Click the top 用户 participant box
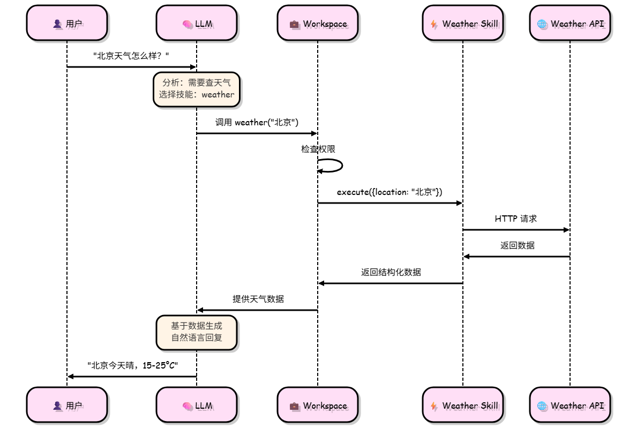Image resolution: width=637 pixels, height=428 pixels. point(67,24)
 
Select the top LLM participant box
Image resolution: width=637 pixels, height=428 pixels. point(197,24)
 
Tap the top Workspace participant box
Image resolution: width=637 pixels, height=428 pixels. point(317,24)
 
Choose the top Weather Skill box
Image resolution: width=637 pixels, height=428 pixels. point(463,24)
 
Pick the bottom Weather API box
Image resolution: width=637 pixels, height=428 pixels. point(570,406)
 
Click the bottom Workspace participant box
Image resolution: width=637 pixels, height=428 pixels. point(317,406)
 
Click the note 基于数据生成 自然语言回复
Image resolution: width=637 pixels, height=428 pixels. point(197,332)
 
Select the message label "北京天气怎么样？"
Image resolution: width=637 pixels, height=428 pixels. point(131,56)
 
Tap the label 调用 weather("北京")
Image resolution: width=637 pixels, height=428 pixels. point(257,122)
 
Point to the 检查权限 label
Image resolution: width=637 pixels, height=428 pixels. point(318,149)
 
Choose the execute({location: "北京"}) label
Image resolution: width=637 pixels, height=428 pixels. point(389,192)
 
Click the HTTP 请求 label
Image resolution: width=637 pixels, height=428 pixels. point(516,219)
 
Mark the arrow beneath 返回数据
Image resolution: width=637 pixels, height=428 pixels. point(516,257)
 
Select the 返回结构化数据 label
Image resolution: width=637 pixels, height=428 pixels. point(391,272)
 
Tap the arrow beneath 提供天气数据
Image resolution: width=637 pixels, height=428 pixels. point(257,310)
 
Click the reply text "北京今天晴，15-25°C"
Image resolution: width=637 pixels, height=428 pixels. point(132,365)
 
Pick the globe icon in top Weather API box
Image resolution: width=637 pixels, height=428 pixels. point(542,24)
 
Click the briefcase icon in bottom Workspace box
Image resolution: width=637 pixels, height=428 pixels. point(294,406)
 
